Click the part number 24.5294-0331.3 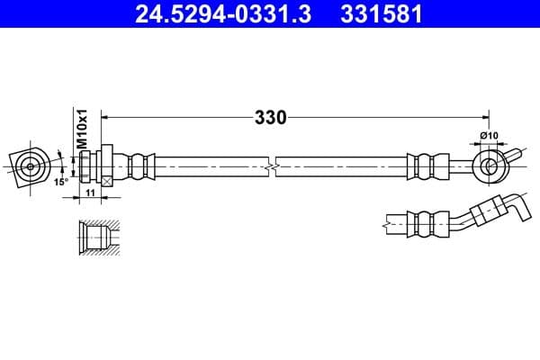tap(229, 15)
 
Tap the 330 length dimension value tap(271, 117)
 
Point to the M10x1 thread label tap(80, 130)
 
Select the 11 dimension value tap(89, 193)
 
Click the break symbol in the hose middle tap(271, 166)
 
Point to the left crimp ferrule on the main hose tap(139, 166)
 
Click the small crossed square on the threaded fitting tap(108, 181)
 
